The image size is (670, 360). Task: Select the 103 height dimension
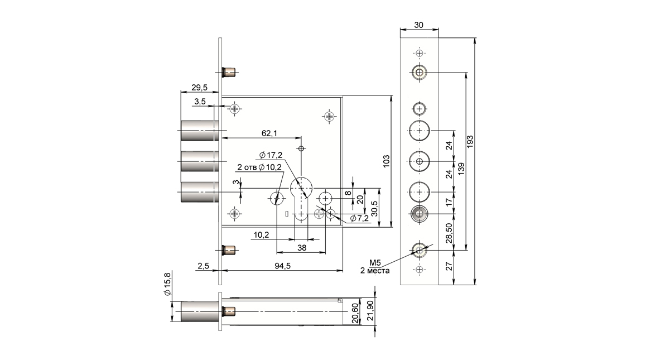tap(386, 161)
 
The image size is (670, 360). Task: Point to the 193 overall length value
tap(470, 142)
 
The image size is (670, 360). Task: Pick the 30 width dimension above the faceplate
tap(419, 25)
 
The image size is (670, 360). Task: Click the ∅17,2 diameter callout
tap(271, 155)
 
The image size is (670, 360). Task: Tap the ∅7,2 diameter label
tap(359, 218)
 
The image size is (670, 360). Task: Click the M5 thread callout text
tap(375, 263)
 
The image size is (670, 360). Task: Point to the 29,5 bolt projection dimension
tap(199, 88)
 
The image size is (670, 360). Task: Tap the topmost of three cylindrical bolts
tap(199, 131)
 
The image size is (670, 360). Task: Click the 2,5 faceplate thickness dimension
tap(204, 266)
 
